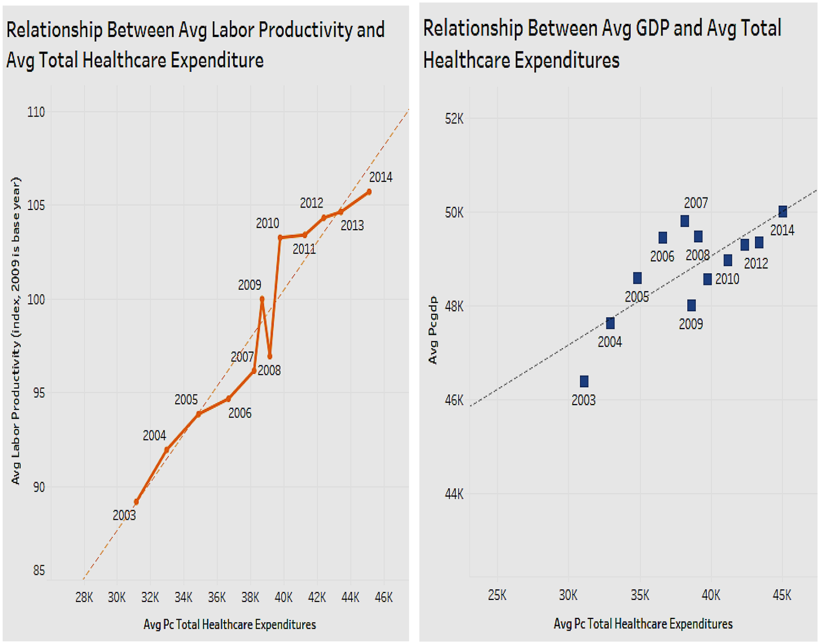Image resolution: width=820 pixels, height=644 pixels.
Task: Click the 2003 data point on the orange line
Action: point(136,502)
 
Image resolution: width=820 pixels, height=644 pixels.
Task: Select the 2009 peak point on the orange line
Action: point(262,299)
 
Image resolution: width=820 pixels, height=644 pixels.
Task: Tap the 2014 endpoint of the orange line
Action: point(369,192)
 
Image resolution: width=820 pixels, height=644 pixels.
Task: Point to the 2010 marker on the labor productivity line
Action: point(280,238)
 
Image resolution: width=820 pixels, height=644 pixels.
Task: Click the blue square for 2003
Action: point(584,381)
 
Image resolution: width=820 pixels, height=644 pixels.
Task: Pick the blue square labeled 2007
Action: point(685,221)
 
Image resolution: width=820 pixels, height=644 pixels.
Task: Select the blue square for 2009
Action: point(691,305)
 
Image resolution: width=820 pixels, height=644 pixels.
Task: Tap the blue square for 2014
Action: point(783,212)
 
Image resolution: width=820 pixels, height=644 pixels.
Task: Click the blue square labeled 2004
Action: point(610,323)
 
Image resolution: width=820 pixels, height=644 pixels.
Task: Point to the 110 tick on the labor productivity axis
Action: point(36,112)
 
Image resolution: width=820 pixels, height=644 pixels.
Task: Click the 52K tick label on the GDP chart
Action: point(454,119)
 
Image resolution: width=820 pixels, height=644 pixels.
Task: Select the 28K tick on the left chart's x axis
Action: point(84,598)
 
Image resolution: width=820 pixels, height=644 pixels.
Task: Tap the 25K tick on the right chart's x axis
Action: point(497,595)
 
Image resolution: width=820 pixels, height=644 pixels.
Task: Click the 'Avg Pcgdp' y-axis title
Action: point(433,330)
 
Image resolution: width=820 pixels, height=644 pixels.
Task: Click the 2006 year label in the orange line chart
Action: point(240,413)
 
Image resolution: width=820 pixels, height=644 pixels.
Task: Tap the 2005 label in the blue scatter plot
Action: point(636,297)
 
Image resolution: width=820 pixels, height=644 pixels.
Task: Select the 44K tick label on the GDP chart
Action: point(454,494)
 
